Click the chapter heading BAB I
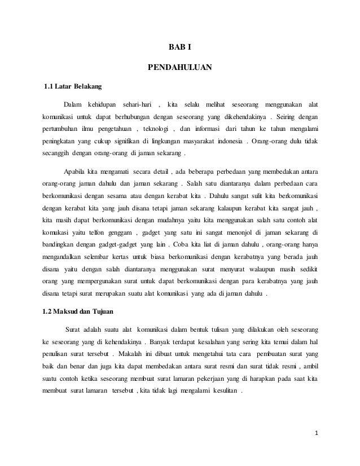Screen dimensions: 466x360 (179, 47)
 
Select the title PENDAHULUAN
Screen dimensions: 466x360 (179, 68)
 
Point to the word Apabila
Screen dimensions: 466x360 (76, 172)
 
